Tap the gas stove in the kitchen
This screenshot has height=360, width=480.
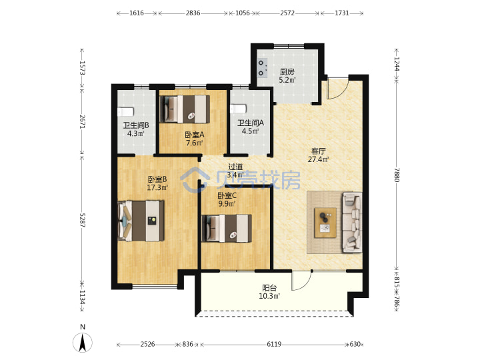(x=262, y=67)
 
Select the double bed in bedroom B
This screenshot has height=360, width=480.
(x=141, y=221)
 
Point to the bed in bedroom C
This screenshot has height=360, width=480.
(x=227, y=229)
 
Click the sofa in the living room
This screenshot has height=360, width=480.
(x=353, y=223)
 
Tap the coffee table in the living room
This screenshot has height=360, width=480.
(x=325, y=223)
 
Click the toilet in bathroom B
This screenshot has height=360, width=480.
(x=125, y=112)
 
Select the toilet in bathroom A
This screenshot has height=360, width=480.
(x=238, y=109)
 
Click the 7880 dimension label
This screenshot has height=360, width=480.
(x=397, y=175)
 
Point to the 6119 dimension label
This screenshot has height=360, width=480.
(x=274, y=345)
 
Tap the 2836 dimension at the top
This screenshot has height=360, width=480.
(x=193, y=13)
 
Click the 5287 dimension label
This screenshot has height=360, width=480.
(x=82, y=220)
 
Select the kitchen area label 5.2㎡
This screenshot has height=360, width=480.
(x=287, y=81)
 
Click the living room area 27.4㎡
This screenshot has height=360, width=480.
(x=319, y=159)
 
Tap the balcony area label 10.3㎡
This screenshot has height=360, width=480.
(x=270, y=296)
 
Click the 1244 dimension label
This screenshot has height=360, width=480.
(x=397, y=64)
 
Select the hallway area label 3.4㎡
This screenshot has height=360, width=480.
(x=236, y=175)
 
